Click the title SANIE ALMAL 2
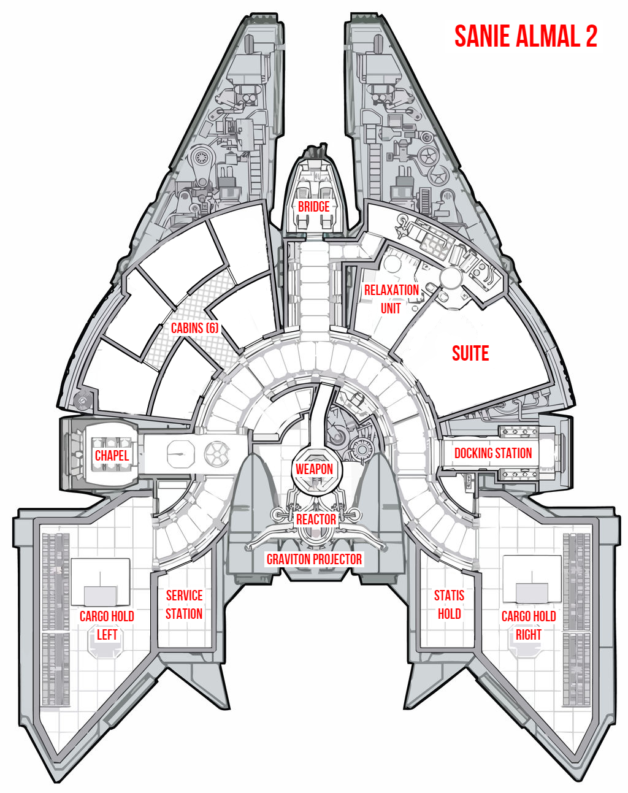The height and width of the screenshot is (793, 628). [526, 37]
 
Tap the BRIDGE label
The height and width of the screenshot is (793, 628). [313, 207]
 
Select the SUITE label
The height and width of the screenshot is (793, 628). [470, 353]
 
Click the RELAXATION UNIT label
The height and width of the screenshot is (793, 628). [391, 299]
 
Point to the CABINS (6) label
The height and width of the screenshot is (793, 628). [194, 328]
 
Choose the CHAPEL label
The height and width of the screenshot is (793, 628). [112, 456]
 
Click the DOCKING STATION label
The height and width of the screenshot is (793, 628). [492, 453]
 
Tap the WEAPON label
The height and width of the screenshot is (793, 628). [314, 469]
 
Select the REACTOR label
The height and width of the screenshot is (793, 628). [316, 519]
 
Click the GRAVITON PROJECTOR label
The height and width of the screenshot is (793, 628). [314, 559]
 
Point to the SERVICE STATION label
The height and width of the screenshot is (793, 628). [184, 605]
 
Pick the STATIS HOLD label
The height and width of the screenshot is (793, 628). [449, 605]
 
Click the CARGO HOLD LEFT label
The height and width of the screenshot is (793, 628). [107, 625]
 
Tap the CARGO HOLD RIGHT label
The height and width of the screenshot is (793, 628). [528, 625]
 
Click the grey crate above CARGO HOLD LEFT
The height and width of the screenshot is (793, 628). [100, 596]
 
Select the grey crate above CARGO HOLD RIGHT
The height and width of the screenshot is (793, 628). [532, 592]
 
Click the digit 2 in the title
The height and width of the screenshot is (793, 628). [591, 37]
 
